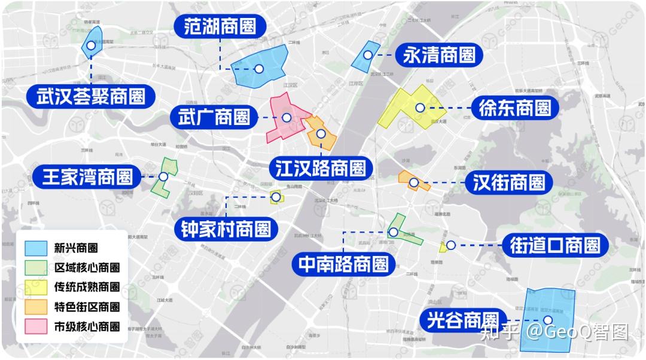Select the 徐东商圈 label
point(514,108)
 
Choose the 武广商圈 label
point(214,117)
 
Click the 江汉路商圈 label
point(321,168)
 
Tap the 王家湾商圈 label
point(87,177)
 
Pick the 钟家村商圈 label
point(226,228)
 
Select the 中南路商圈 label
point(343,263)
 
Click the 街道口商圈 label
point(554,245)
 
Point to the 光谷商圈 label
point(464,320)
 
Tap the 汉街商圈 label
point(508,182)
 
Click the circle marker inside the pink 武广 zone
point(287,118)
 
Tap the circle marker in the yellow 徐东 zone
point(420,108)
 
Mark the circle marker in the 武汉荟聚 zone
point(90,45)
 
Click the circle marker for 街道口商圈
point(450,245)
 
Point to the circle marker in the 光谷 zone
point(548,321)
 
